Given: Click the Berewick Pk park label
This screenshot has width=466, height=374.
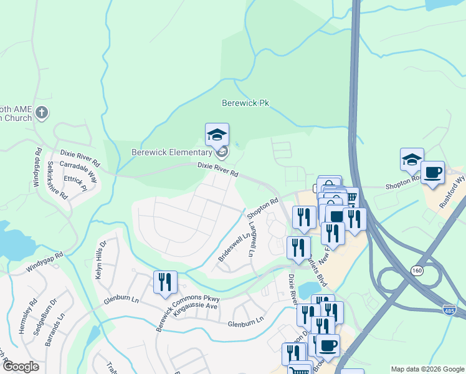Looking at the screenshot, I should (x=249, y=103).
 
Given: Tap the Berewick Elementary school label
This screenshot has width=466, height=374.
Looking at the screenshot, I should (x=171, y=152).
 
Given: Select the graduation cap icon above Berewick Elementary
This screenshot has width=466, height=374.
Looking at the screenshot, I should (x=217, y=135).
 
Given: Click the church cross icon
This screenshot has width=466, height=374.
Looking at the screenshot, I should (x=42, y=113).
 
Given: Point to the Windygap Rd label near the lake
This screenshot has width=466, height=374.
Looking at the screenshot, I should (x=45, y=263).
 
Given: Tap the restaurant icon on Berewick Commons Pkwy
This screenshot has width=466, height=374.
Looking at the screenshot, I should (x=165, y=282).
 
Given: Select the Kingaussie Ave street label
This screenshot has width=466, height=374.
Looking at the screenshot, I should (x=196, y=306).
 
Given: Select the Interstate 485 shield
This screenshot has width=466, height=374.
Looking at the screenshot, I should (x=450, y=310).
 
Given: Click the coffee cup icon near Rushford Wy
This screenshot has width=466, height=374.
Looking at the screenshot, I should (x=432, y=172).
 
